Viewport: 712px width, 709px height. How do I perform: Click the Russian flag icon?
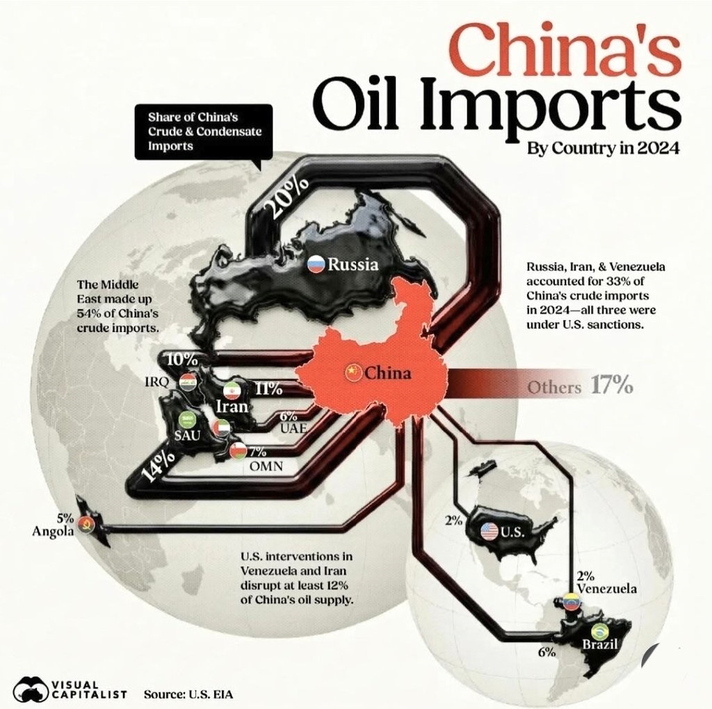[x=317, y=264]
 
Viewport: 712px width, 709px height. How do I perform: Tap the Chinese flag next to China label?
[x=354, y=373]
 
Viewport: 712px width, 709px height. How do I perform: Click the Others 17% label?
[x=579, y=386]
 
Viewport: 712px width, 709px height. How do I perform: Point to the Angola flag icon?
[x=87, y=523]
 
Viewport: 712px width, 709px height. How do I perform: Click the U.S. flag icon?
[x=489, y=532]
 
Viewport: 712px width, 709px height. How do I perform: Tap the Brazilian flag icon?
[x=598, y=631]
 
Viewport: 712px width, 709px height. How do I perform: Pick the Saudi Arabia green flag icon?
[x=187, y=420]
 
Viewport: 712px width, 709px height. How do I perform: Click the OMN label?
[x=266, y=466]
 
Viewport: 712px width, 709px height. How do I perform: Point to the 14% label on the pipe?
[x=158, y=466]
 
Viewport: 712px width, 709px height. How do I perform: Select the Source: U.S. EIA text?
[x=188, y=693]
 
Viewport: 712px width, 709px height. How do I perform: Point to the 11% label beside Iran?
[x=268, y=389]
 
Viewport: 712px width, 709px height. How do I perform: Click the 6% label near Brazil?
[x=546, y=652]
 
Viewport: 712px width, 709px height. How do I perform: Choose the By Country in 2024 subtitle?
[x=603, y=148]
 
